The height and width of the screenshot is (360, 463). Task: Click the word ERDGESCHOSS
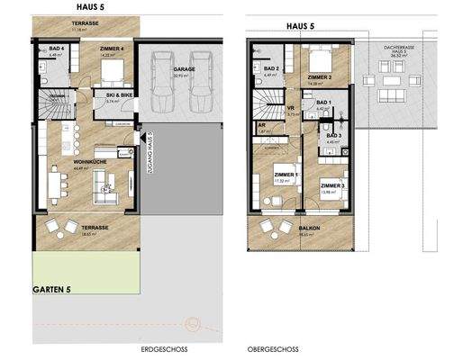pos(164,347)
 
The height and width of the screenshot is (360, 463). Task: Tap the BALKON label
pos(309,228)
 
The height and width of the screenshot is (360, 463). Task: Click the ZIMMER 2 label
pos(320,78)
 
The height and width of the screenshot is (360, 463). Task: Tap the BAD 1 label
pos(324,104)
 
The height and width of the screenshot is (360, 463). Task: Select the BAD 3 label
pos(332,135)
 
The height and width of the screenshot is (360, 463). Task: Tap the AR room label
pos(262,126)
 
